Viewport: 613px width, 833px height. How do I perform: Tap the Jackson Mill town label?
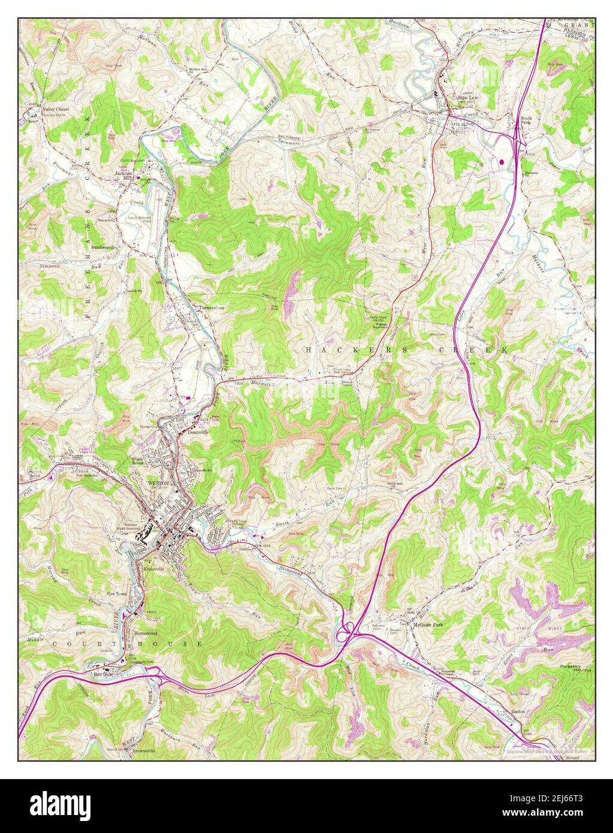click(x=122, y=177)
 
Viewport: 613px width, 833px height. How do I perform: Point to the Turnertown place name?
click(x=211, y=307)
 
